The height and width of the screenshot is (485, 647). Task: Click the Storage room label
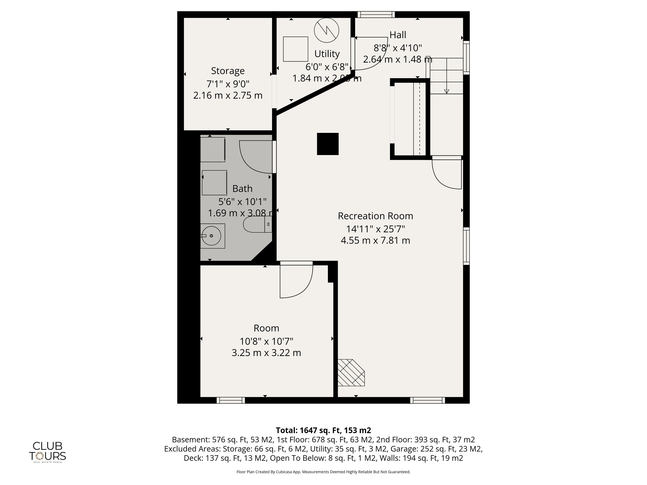(228, 71)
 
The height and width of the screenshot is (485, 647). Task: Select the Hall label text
(398, 35)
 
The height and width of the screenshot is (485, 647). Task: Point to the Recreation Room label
(376, 216)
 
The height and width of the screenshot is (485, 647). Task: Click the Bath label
(242, 189)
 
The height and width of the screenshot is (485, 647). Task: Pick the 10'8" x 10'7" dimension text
(266, 341)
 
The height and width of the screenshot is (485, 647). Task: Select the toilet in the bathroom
(258, 224)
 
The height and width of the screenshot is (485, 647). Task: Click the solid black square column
(328, 144)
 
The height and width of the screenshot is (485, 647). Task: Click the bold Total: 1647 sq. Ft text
(308, 430)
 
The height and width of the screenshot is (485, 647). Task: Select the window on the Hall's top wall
(376, 14)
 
